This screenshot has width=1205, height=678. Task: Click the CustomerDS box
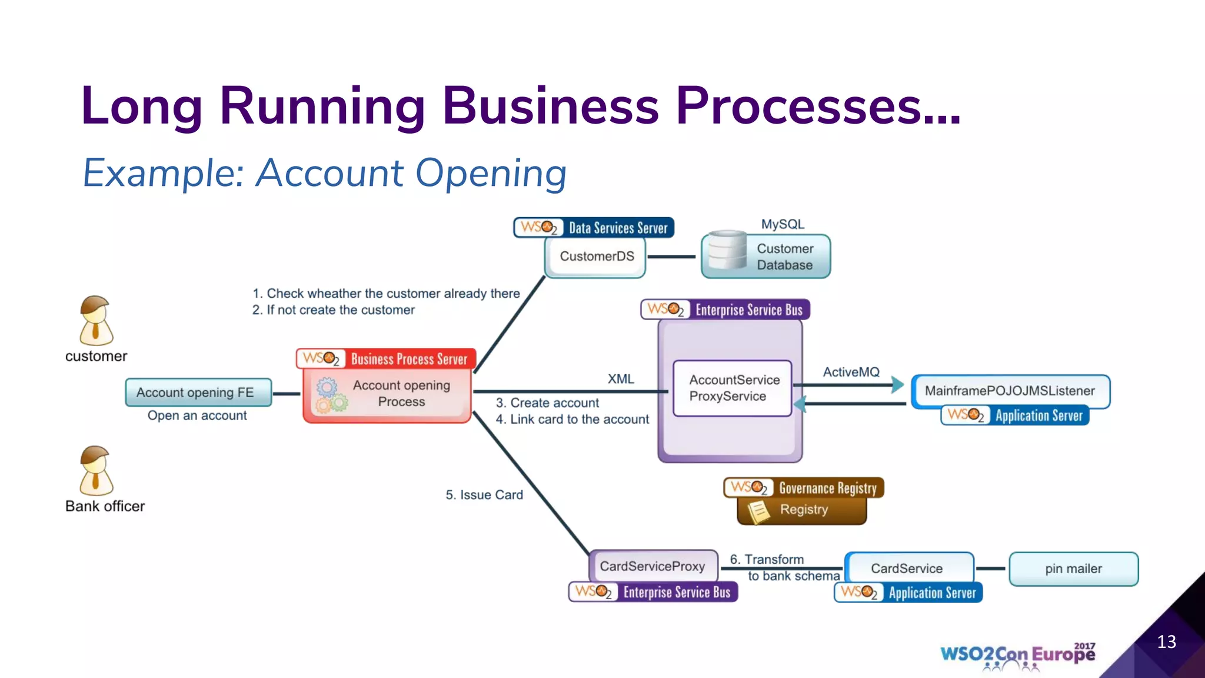tap(595, 257)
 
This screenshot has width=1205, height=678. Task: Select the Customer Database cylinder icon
tap(727, 251)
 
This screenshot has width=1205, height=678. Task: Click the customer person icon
tap(95, 321)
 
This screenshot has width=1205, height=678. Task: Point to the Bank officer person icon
tap(95, 471)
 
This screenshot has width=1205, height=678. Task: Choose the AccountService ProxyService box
tap(733, 388)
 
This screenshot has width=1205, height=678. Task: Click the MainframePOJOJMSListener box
tap(1010, 391)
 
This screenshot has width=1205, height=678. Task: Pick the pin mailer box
tap(1073, 569)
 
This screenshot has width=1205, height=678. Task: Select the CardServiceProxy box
tap(653, 566)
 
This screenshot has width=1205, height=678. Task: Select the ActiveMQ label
tap(851, 372)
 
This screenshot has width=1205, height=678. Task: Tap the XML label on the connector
tap(621, 379)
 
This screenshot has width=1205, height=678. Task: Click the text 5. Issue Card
tap(484, 495)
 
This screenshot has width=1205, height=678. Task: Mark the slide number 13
tap(1166, 642)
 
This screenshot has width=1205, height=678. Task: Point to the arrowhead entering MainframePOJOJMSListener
tap(897, 385)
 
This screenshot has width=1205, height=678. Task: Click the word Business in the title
tap(550, 106)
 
